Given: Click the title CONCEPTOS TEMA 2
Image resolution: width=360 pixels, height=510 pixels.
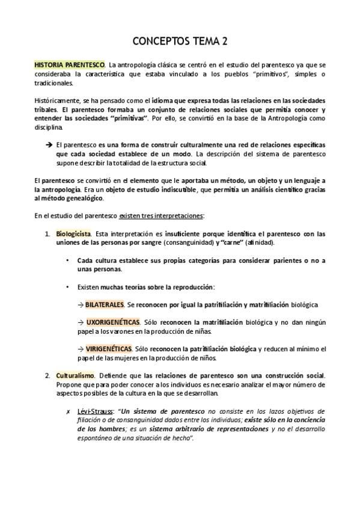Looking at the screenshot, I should [x=180, y=41].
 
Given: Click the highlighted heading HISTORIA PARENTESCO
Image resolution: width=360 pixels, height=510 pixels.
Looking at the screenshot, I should [x=70, y=64].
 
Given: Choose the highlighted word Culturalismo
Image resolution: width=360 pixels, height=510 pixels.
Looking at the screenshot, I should [x=75, y=375].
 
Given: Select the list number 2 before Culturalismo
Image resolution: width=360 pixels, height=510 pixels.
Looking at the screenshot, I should [x=47, y=375].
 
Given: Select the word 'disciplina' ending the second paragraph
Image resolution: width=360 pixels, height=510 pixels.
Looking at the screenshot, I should [x=47, y=127].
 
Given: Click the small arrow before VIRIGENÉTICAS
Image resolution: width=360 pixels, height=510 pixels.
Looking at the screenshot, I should [x=81, y=349].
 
